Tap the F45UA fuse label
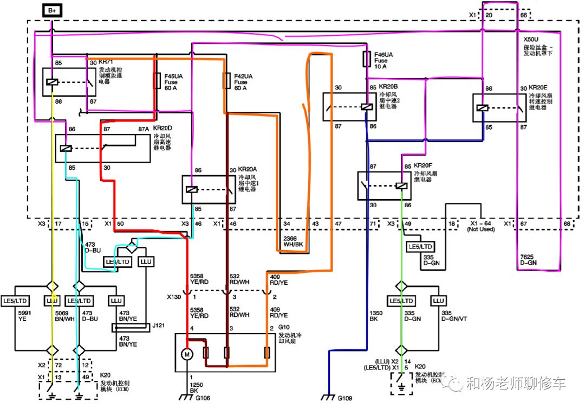pyautogui.click(x=173, y=76)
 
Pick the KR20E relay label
pyautogui.click(x=538, y=87)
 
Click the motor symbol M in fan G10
pyautogui.click(x=186, y=354)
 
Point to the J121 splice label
pyautogui.click(x=159, y=325)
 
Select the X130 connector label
pyautogui.click(x=174, y=297)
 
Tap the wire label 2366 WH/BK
pyautogui.click(x=293, y=241)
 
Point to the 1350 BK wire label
pyautogui.click(x=376, y=316)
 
